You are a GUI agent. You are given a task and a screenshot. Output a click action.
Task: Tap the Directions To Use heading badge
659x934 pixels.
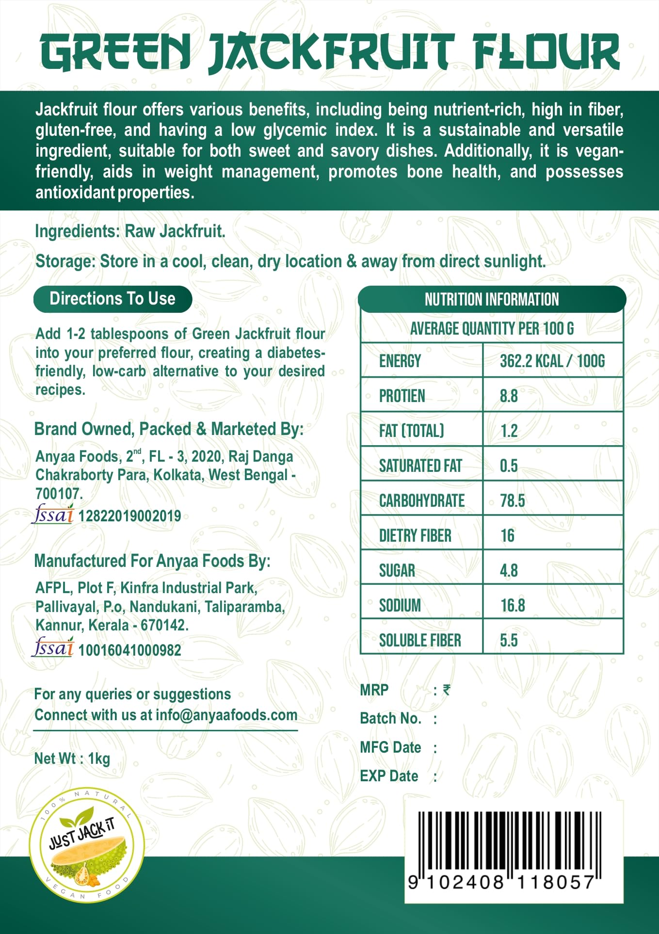[x=113, y=299]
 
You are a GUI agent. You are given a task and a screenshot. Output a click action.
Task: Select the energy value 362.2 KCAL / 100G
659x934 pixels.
[x=552, y=361]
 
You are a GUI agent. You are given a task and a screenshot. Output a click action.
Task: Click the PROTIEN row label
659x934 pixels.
[x=402, y=396]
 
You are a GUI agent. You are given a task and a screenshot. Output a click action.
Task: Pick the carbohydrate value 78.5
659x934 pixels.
[x=512, y=500]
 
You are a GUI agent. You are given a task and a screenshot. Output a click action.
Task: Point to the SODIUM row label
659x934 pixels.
[x=400, y=605]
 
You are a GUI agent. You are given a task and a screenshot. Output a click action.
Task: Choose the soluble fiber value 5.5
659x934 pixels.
[x=509, y=640]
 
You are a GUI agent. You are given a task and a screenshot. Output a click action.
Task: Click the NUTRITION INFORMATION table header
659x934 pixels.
[x=492, y=299]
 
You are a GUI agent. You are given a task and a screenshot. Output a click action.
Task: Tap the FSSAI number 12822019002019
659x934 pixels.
[x=129, y=515]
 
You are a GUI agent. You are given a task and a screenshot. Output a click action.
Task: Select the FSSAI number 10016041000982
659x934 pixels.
[x=129, y=650]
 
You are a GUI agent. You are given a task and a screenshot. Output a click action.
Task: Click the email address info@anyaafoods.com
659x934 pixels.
[x=226, y=715]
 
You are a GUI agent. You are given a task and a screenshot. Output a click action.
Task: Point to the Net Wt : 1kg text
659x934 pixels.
[x=72, y=758]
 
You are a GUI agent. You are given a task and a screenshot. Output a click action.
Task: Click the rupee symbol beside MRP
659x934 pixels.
[x=447, y=690]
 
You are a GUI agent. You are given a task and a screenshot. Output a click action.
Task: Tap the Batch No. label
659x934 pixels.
[x=390, y=718]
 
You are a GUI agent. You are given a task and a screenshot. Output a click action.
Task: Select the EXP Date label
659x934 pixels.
[x=389, y=776]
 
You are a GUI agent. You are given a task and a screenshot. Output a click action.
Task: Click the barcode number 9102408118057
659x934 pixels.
[x=501, y=882]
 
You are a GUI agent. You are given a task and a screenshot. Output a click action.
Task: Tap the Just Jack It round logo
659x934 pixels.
[x=86, y=845]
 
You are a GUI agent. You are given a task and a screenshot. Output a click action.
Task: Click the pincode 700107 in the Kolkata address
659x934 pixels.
[x=59, y=494]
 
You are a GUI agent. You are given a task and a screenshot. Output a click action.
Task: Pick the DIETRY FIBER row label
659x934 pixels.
[x=415, y=535]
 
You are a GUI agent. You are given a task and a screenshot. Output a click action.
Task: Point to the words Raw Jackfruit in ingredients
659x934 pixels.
[x=175, y=231]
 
